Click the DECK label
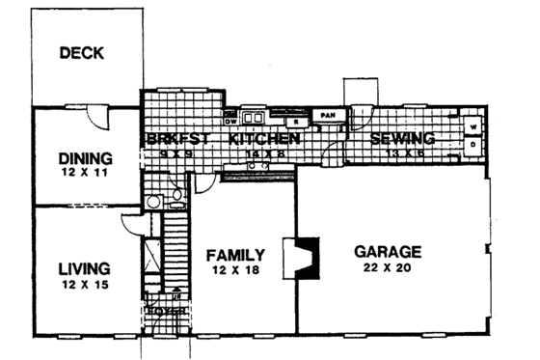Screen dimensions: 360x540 [81, 53]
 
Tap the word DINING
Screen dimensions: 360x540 [85, 158]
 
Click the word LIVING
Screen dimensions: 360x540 [82, 268]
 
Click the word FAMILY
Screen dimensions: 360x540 [236, 255]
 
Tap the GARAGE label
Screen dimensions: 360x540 [386, 251]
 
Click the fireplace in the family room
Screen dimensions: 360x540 [303, 258]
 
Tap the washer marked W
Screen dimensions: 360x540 [474, 126]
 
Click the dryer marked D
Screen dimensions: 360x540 [474, 145]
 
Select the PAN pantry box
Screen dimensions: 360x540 [328, 114]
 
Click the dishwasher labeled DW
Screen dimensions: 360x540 [230, 121]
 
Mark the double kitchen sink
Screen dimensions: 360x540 [255, 120]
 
